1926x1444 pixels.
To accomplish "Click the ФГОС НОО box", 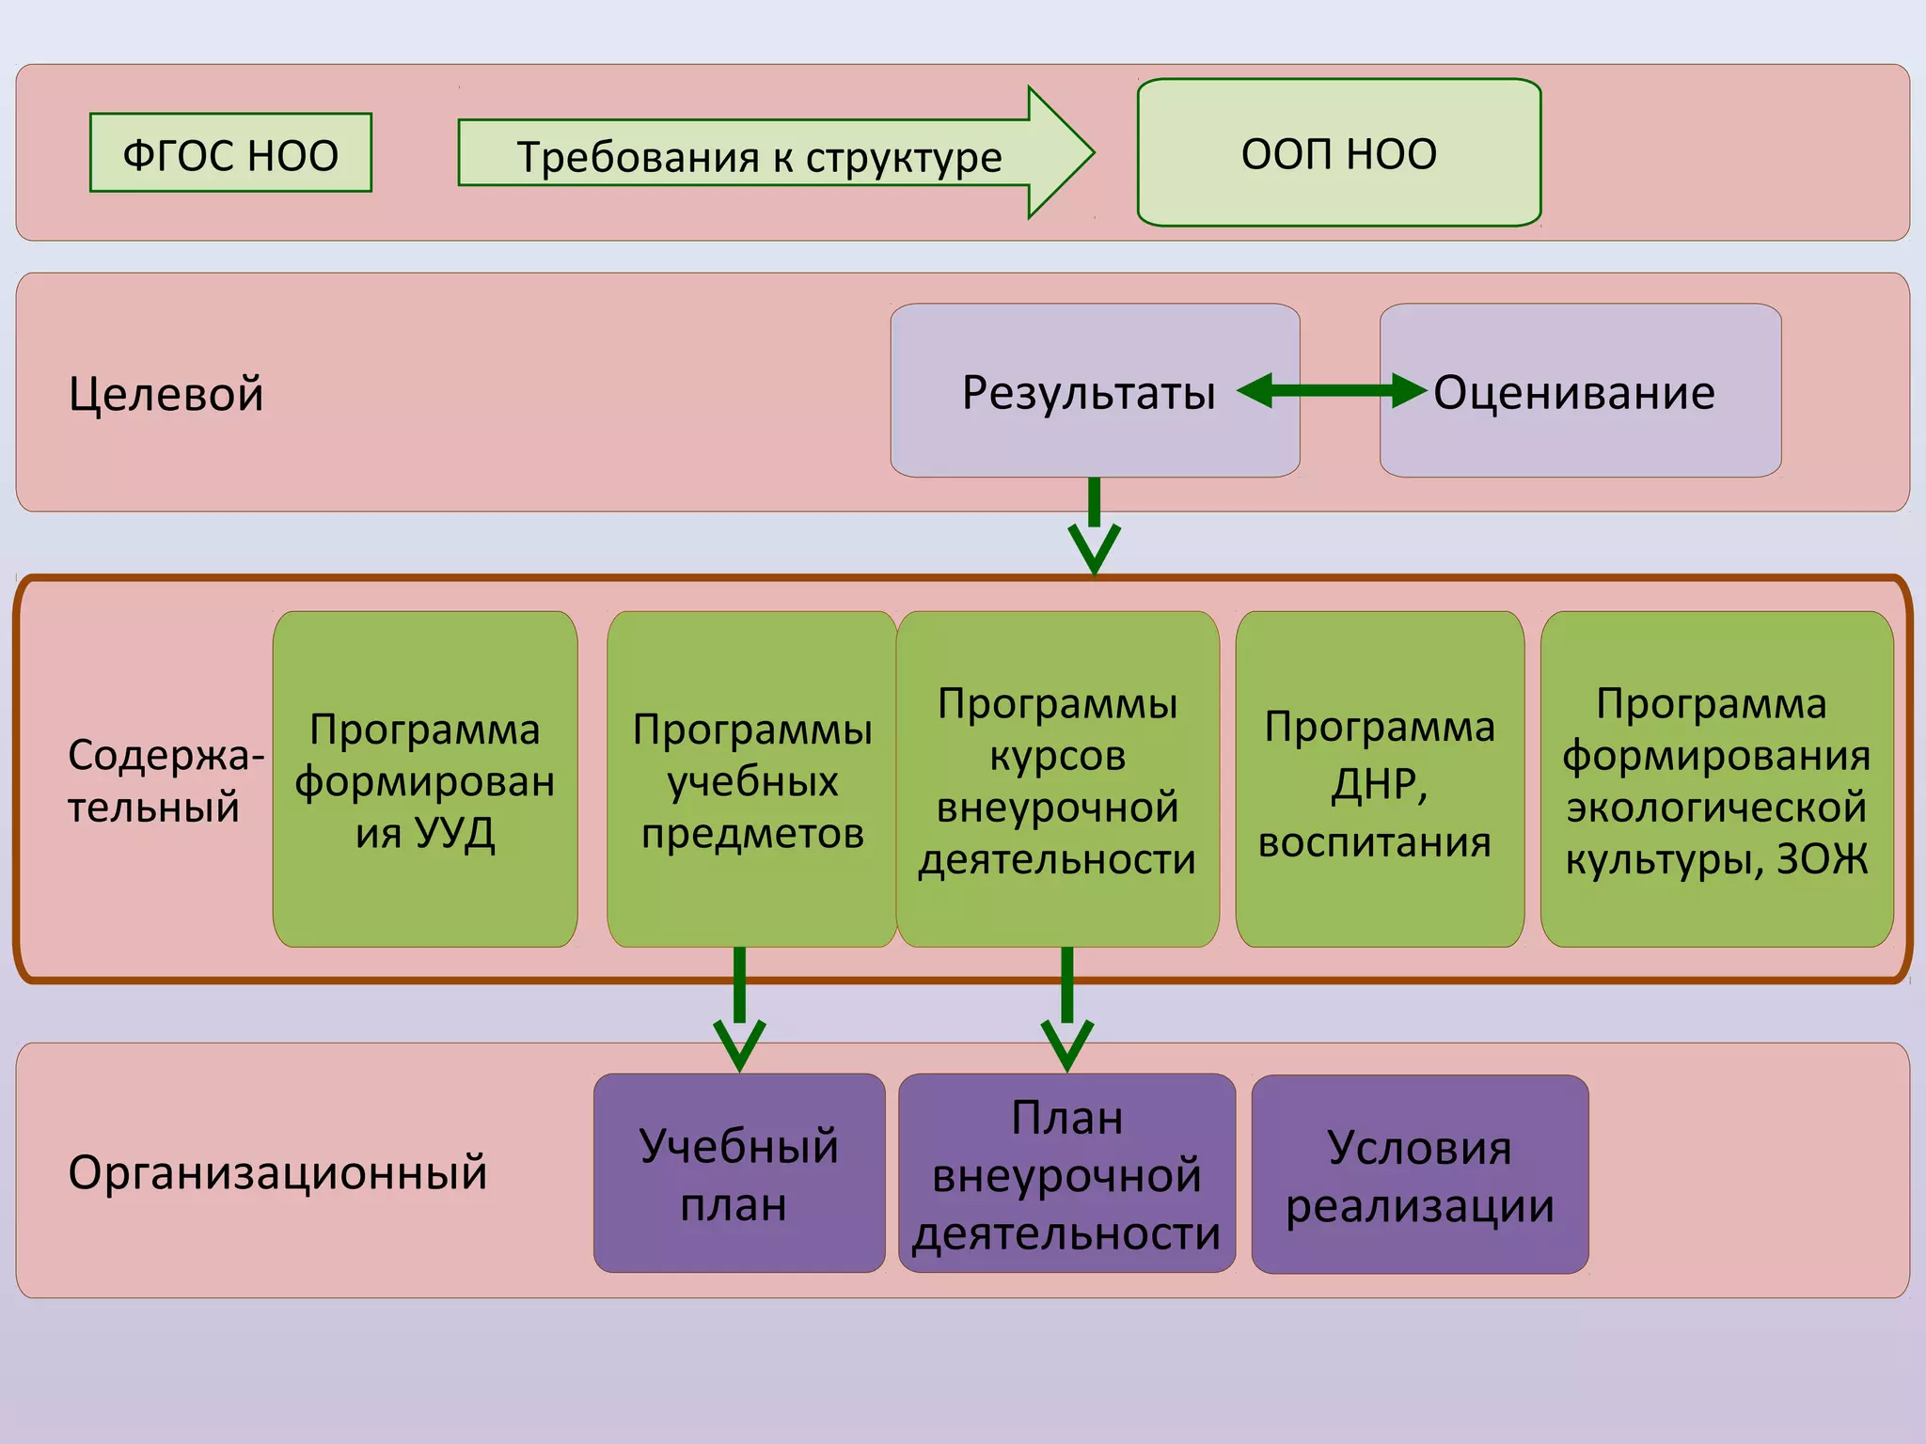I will coord(230,153).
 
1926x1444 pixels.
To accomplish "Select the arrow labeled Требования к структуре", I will coord(760,154).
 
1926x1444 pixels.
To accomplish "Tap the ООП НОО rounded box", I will coord(1338,152).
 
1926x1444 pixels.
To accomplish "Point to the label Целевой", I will coord(166,393).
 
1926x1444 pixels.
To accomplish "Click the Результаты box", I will coord(1089,391).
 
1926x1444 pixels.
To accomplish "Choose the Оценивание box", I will coord(1580,391).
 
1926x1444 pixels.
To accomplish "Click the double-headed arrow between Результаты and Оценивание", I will coord(1332,390).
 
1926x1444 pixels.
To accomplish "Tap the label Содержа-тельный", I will coord(166,780).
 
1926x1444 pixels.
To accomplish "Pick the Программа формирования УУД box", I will coord(425,779).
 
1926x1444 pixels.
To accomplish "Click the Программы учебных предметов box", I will coord(751,779).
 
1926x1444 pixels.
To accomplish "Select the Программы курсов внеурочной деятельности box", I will coord(1057,779).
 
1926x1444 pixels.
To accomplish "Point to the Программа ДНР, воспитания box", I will coord(1379,779).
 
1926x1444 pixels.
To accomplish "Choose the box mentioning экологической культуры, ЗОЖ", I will coord(1716,779).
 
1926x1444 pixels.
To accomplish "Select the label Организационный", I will coord(277,1172).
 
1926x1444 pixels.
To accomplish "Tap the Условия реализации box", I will coord(1419,1174).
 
